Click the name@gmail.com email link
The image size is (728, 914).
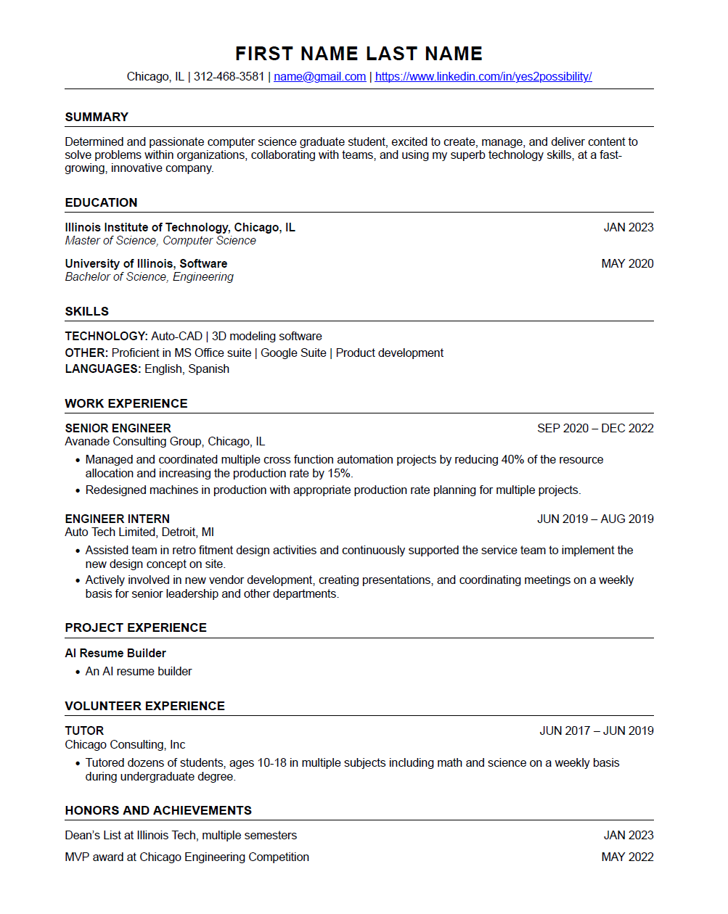(x=319, y=77)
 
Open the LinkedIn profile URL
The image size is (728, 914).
(x=483, y=77)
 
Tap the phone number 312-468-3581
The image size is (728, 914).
(x=229, y=77)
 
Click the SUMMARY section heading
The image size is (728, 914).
(x=97, y=117)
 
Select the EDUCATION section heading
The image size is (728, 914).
(x=101, y=202)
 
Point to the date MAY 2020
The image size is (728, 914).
(x=627, y=263)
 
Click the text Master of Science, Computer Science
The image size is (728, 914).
(x=160, y=240)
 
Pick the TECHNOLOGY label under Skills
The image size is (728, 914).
(x=106, y=336)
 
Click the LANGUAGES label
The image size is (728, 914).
(x=102, y=369)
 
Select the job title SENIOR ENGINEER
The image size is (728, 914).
(x=118, y=428)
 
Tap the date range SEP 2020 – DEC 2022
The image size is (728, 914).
(x=595, y=428)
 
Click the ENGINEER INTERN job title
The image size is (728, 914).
(x=117, y=519)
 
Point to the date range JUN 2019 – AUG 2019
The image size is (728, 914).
(x=595, y=519)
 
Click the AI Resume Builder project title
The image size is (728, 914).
(x=115, y=653)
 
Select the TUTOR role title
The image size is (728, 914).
(x=84, y=730)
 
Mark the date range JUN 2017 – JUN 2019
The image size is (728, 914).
(x=596, y=730)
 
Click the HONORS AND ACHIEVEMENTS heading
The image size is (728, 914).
(x=158, y=810)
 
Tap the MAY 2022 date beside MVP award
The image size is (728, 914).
(x=627, y=857)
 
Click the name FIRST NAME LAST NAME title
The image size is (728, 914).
(x=359, y=54)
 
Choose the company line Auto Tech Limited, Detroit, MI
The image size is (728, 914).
(x=139, y=532)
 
